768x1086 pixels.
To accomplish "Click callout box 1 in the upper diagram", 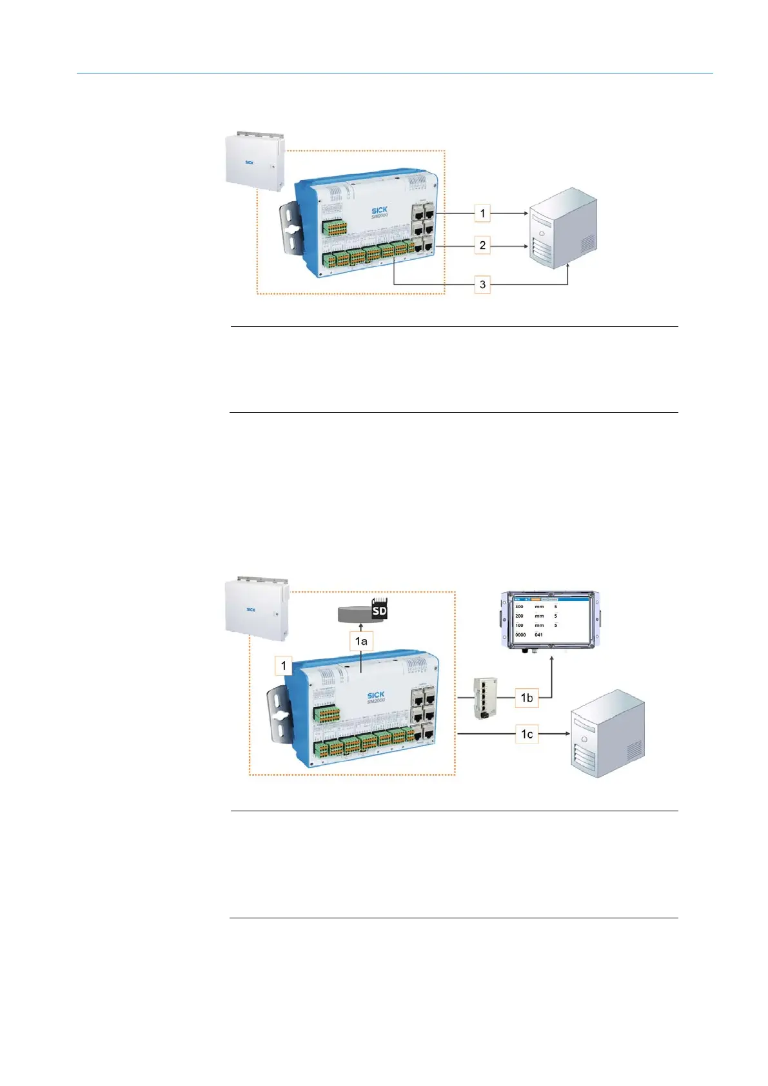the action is click(482, 213).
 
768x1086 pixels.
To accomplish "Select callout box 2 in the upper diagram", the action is click(482, 246).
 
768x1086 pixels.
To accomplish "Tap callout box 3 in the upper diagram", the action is click(482, 284).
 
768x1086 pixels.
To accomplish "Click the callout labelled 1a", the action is click(361, 641).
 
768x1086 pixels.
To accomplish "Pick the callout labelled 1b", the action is click(527, 697).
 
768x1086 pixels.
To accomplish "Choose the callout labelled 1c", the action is click(527, 734).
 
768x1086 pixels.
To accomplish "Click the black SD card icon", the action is click(379, 610).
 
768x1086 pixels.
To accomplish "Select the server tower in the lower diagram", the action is click(607, 733).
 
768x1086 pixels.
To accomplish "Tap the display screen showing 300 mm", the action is click(551, 620).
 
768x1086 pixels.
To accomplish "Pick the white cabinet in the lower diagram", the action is click(254, 607).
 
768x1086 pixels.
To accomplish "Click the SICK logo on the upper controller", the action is click(379, 210).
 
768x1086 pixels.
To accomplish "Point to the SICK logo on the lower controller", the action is click(375, 695).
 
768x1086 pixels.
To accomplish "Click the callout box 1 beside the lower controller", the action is click(283, 665).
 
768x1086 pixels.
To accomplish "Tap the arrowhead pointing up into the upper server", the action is click(567, 266).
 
